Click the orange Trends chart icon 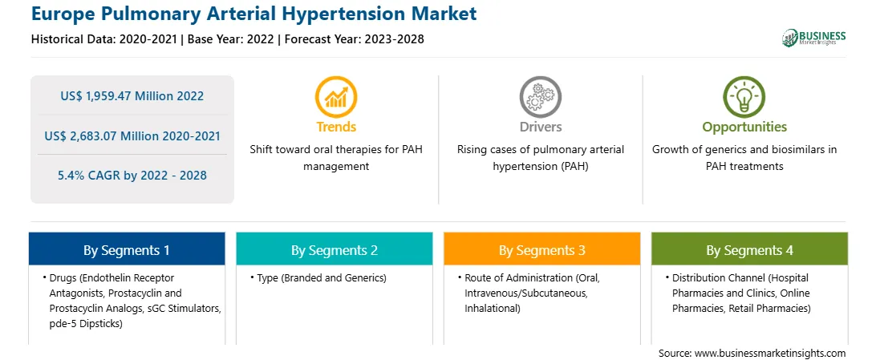pos(336,96)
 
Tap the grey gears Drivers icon pos(540,96)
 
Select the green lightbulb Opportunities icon pos(744,96)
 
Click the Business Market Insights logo pos(814,38)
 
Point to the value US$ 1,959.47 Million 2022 pos(132,96)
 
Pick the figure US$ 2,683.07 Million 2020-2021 pos(132,136)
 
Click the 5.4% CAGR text pos(132,176)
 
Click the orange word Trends pos(336,127)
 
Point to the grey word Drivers pos(540,127)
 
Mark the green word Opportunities pos(744,127)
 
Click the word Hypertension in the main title pos(347,14)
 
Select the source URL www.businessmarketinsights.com pos(770,353)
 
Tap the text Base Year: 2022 pos(231,39)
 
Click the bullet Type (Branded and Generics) pos(321,277)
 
